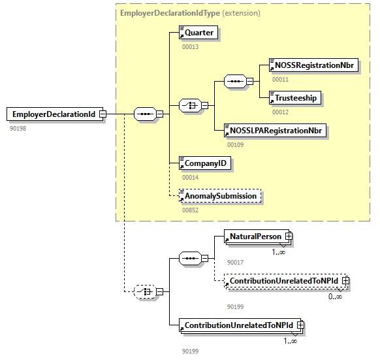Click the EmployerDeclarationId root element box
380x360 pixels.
(x=52, y=114)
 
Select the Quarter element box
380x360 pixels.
(x=198, y=32)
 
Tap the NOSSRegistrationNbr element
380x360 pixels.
(x=313, y=65)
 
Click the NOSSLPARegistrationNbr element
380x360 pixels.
(x=274, y=130)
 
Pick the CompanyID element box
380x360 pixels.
(x=206, y=163)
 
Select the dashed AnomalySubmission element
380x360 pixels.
(x=220, y=195)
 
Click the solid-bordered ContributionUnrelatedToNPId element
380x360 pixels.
(x=238, y=325)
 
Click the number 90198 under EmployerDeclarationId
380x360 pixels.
(x=18, y=128)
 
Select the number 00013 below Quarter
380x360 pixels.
(x=190, y=46)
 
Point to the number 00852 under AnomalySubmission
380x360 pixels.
(x=190, y=210)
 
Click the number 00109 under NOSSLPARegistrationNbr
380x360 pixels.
(x=235, y=144)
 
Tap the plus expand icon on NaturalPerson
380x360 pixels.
(x=287, y=237)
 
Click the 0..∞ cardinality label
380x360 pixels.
(x=335, y=296)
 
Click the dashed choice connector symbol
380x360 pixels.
(x=143, y=291)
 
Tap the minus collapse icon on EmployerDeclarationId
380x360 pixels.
(x=103, y=114)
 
